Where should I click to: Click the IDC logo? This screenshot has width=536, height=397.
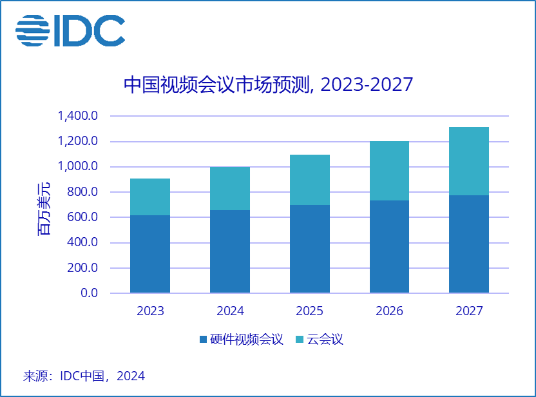click(70, 30)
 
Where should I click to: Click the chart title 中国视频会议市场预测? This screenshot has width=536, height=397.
click(267, 85)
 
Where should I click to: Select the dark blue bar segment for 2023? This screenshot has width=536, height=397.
click(150, 254)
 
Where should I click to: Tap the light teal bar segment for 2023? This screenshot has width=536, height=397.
click(150, 197)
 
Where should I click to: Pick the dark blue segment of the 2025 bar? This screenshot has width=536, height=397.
click(310, 249)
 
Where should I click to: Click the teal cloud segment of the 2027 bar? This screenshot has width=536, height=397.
click(469, 161)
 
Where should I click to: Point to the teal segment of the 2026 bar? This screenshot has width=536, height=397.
click(389, 171)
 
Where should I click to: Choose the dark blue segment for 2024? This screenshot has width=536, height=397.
click(230, 251)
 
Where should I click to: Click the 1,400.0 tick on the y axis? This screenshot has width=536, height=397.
click(77, 117)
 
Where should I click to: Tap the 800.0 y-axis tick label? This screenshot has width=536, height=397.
click(82, 192)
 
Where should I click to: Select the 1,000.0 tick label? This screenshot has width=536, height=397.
click(77, 167)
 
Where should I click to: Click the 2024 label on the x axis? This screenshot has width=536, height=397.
click(230, 311)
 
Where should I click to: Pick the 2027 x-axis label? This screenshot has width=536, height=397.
click(469, 311)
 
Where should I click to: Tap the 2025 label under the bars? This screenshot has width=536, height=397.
click(310, 311)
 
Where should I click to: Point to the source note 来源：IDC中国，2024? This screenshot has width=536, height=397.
click(84, 376)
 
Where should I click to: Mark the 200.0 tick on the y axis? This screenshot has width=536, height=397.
click(82, 268)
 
